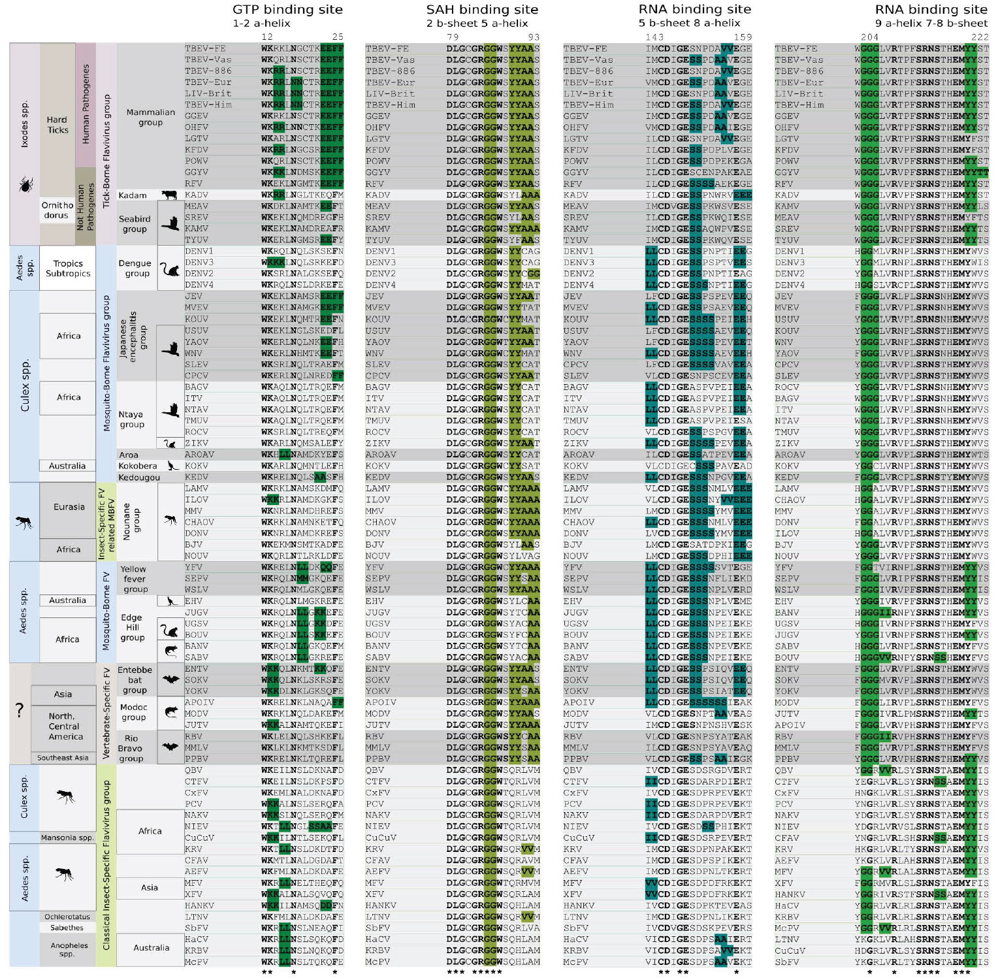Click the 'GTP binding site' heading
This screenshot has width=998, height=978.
tap(287, 9)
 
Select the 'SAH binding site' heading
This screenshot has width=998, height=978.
tap(482, 9)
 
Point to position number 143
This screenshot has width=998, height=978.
tap(654, 37)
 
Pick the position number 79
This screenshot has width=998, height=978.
tap(453, 37)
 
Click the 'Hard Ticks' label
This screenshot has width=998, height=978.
tap(57, 125)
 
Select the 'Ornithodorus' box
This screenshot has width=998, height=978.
tap(57, 210)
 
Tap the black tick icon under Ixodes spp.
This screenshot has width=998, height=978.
tap(25, 185)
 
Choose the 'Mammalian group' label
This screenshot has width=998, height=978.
tap(150, 117)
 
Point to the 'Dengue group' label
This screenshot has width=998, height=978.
tap(135, 268)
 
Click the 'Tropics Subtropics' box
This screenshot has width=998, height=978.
tap(68, 268)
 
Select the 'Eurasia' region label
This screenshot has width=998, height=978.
tap(69, 506)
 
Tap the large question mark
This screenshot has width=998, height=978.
tap(20, 711)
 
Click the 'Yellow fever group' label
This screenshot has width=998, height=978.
tap(135, 579)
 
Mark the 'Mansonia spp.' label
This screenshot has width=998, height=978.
tap(67, 837)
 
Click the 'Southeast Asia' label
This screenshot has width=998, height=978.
tap(63, 758)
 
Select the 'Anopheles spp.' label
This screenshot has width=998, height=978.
tap(69, 949)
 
